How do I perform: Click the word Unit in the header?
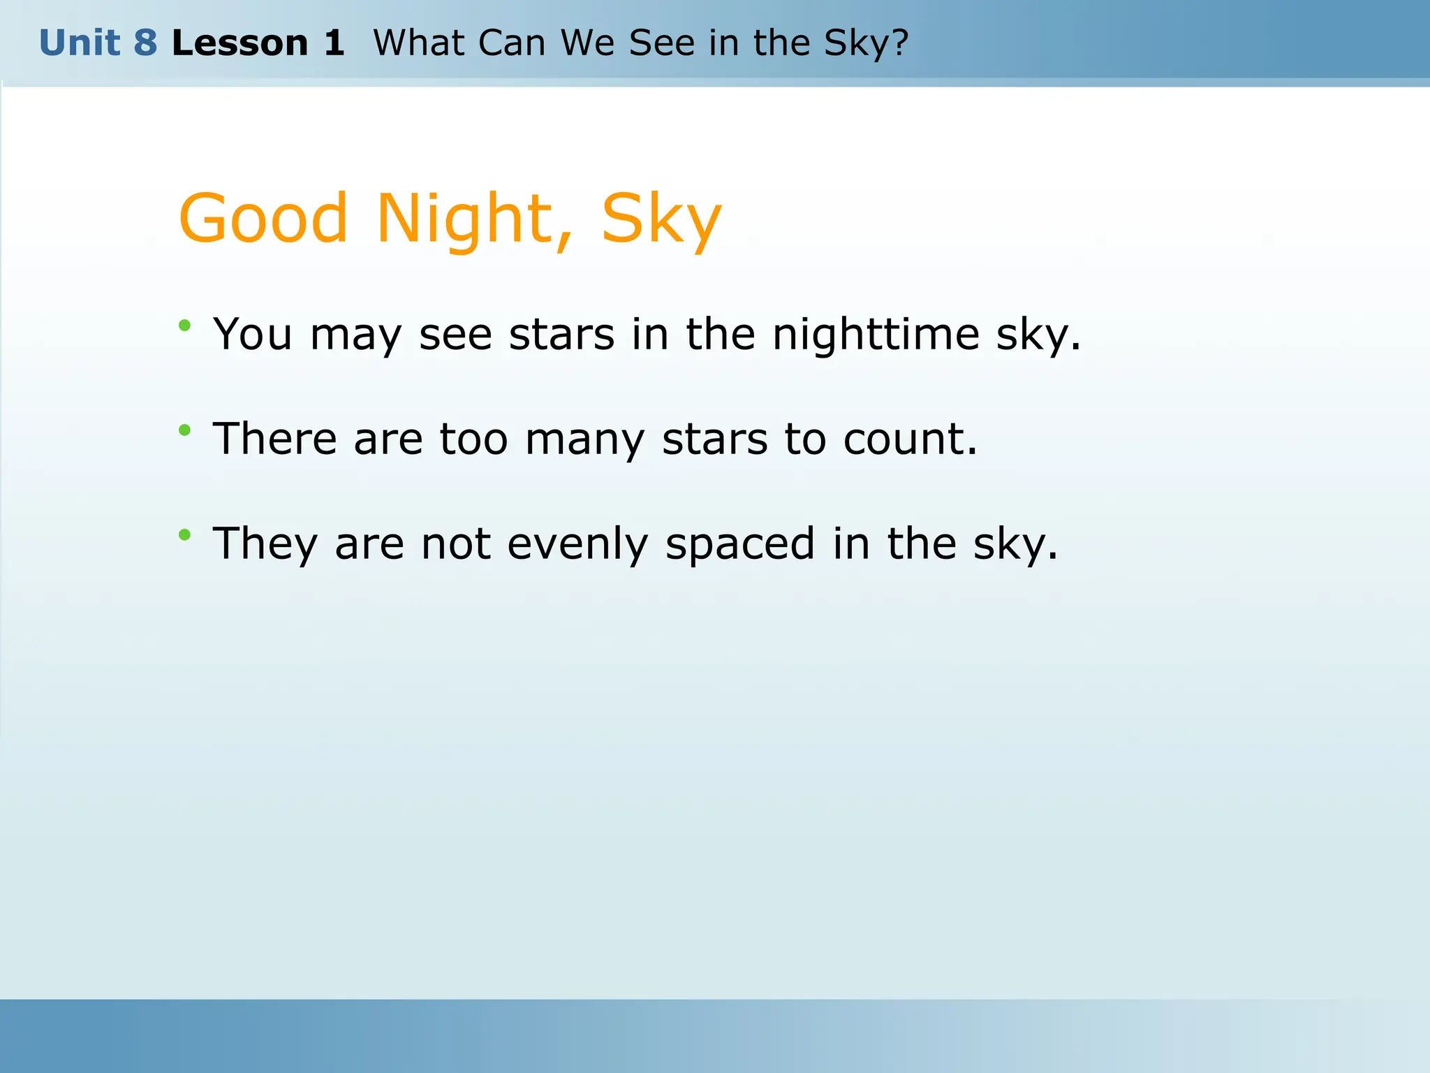coord(79,43)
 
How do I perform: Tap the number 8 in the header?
coord(145,43)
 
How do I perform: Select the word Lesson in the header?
coord(239,43)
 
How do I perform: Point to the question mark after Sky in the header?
coord(899,43)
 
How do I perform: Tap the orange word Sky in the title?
coord(661,219)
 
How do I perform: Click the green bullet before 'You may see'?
coord(184,325)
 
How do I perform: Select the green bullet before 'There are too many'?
coord(184,430)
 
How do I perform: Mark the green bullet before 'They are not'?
coord(184,535)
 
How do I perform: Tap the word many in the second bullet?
coord(584,440)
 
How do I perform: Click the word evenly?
coord(577,545)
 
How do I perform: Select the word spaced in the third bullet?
coord(739,545)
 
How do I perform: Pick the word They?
coord(265,545)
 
